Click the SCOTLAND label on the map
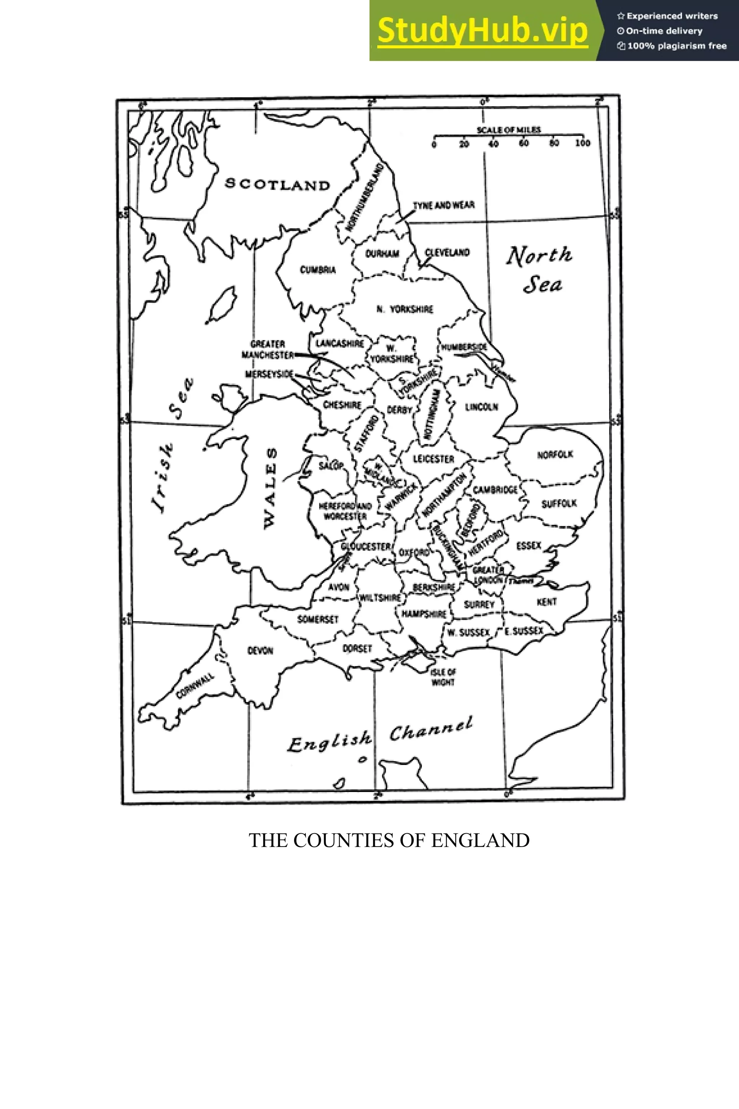pyautogui.click(x=277, y=184)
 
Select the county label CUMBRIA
pyautogui.click(x=318, y=270)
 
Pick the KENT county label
pyautogui.click(x=547, y=602)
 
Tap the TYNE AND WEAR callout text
pyautogui.click(x=443, y=205)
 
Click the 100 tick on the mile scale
pyautogui.click(x=582, y=143)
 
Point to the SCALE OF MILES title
pyautogui.click(x=508, y=130)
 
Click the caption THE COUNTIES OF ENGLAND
pyautogui.click(x=389, y=840)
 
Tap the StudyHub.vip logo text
pyautogui.click(x=482, y=30)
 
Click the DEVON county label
pyautogui.click(x=260, y=651)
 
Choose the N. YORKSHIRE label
pyautogui.click(x=405, y=309)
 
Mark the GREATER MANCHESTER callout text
pyautogui.click(x=267, y=349)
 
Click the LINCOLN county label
pyautogui.click(x=481, y=407)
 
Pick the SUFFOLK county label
pyautogui.click(x=559, y=504)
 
